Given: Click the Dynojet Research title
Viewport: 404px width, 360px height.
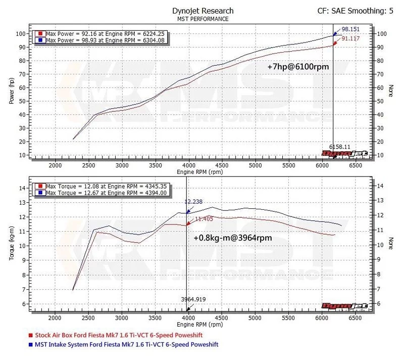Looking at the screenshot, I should [x=203, y=11].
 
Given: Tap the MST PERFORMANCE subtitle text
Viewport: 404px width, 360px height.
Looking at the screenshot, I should [x=203, y=19].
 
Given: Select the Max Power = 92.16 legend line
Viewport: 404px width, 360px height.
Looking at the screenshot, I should [x=99, y=33].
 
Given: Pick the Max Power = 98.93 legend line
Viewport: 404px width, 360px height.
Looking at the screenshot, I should [x=99, y=39].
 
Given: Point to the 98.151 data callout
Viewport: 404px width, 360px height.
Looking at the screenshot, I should [x=351, y=29].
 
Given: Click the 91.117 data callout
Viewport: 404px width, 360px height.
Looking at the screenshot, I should [x=351, y=38].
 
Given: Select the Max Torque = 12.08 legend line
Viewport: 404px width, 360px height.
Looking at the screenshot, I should [x=100, y=186].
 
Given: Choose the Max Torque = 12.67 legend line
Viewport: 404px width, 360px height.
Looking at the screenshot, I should [x=100, y=193].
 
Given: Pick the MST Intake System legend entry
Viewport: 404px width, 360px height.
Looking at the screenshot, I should [x=127, y=344].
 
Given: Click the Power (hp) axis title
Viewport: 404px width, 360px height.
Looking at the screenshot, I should [x=11, y=92].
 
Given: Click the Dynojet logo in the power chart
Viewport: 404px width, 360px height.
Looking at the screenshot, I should [x=345, y=153].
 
